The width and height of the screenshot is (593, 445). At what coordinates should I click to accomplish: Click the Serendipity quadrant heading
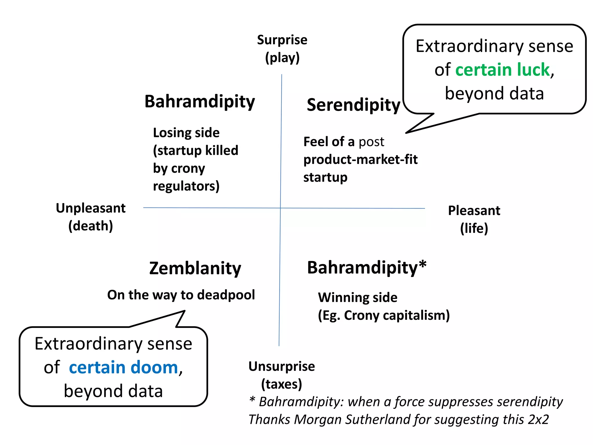[353, 105]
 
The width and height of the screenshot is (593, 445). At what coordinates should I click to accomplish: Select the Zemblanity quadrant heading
[195, 268]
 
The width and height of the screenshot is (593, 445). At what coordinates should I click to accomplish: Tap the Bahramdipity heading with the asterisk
[367, 267]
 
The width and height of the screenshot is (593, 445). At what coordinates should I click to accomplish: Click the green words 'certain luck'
[502, 70]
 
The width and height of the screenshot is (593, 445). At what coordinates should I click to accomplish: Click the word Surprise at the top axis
[282, 40]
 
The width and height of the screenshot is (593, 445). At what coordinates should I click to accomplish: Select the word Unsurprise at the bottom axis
[281, 366]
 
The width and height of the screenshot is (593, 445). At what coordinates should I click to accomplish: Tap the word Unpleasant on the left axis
[91, 208]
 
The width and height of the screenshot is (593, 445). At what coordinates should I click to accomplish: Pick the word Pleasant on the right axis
[474, 211]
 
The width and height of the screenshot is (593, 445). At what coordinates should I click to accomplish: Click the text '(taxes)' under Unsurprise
[281, 384]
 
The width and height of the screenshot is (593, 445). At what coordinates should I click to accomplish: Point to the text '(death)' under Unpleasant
[91, 226]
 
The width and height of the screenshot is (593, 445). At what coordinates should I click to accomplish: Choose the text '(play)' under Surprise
[282, 58]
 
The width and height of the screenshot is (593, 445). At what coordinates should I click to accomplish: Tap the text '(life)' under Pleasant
[474, 228]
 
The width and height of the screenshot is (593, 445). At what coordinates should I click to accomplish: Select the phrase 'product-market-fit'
[360, 160]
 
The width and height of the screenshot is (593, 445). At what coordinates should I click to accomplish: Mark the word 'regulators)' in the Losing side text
[186, 186]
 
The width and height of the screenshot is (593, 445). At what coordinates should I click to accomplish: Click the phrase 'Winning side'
[358, 298]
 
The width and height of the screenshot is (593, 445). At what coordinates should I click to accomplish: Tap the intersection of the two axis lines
[280, 208]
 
